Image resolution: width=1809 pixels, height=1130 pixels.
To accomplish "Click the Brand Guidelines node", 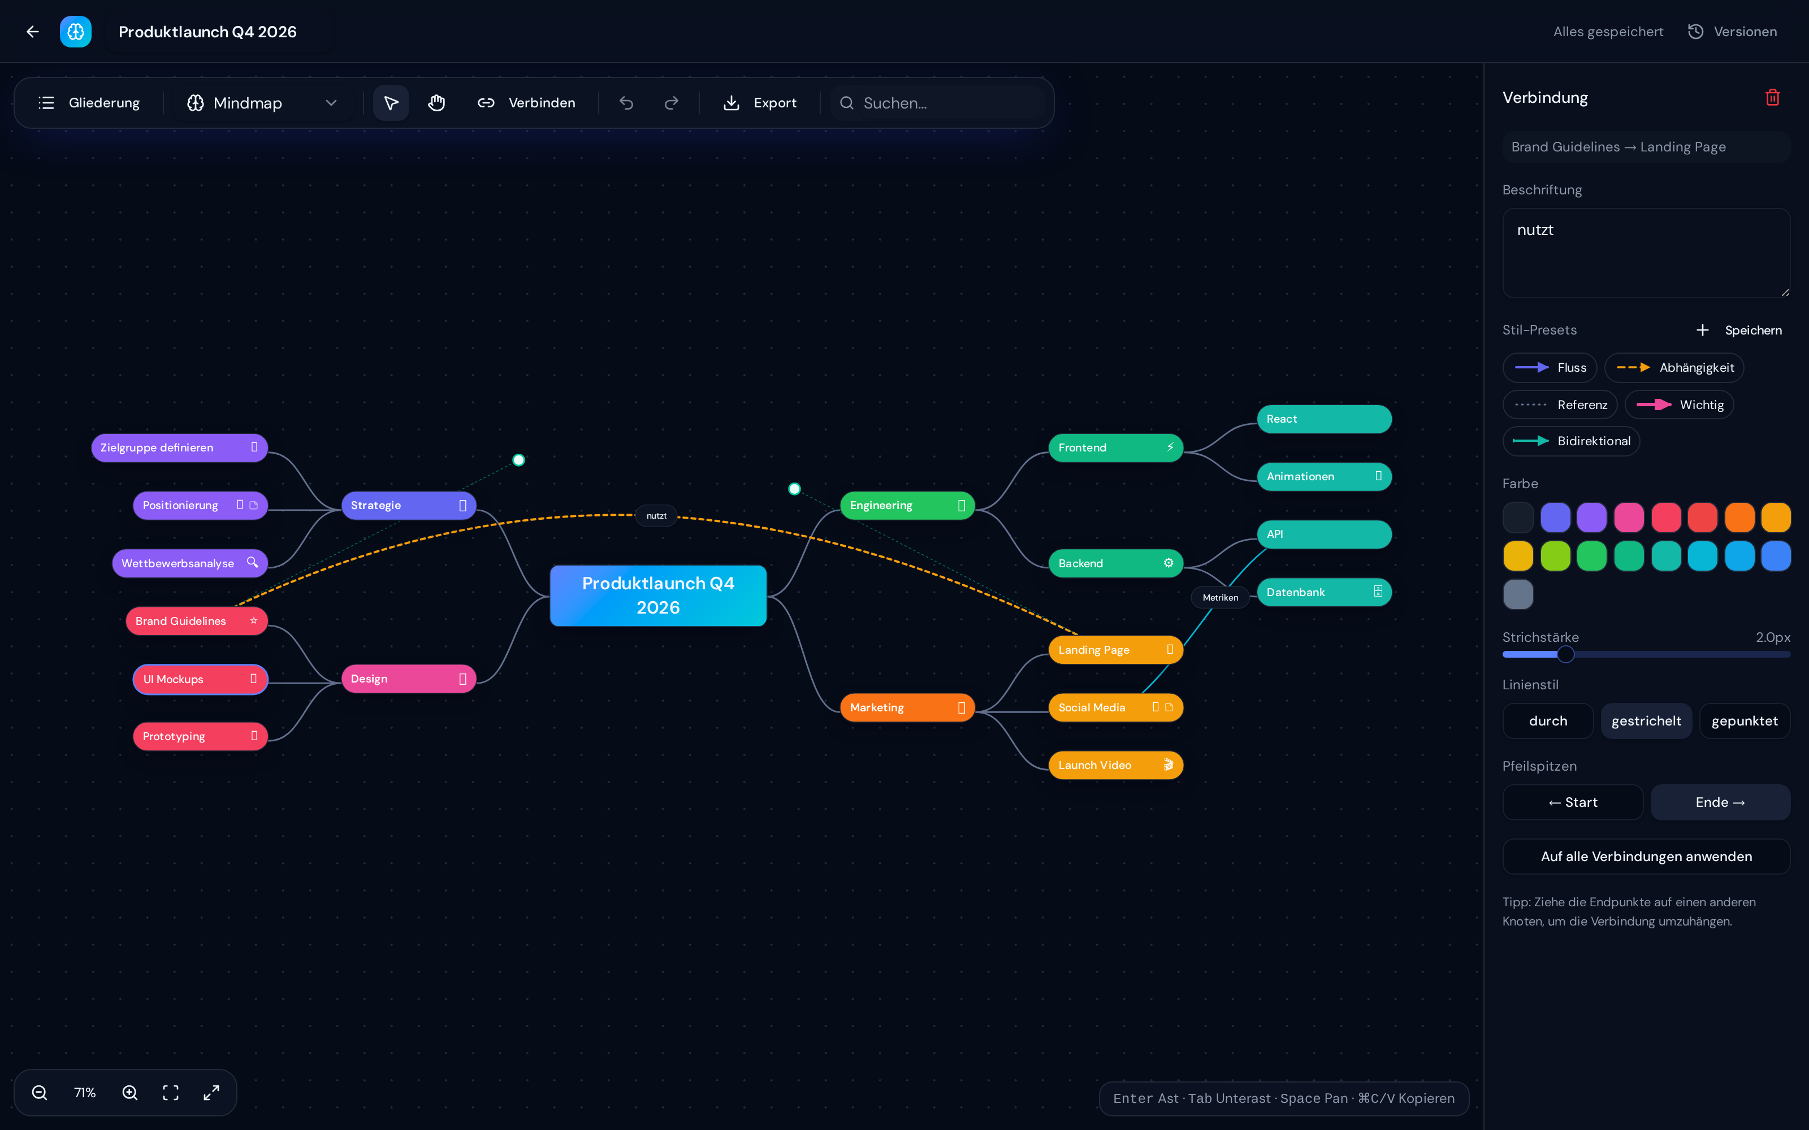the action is click(x=197, y=621).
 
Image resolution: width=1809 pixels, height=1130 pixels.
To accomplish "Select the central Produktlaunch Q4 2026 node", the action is click(x=658, y=596).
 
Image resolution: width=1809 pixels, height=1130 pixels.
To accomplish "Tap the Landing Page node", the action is click(x=1115, y=649).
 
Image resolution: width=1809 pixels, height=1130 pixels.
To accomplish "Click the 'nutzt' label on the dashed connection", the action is click(x=656, y=516).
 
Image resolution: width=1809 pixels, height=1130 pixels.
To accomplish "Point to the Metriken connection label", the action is click(x=1220, y=597).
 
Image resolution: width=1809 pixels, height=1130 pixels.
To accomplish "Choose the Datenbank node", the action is click(x=1324, y=592).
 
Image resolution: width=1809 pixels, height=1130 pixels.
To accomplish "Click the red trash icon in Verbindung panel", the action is click(x=1772, y=98).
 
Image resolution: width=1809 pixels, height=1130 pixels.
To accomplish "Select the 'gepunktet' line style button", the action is click(x=1745, y=721).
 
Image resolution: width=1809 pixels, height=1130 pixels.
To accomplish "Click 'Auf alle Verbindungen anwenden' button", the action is click(x=1646, y=857).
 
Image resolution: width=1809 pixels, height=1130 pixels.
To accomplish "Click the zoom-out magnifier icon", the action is click(x=40, y=1093).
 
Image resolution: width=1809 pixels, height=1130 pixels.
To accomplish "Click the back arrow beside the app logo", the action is click(x=32, y=32).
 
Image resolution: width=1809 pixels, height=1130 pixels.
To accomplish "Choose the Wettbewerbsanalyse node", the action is click(x=190, y=563).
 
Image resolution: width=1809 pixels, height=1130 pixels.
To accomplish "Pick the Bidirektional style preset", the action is click(x=1572, y=441).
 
